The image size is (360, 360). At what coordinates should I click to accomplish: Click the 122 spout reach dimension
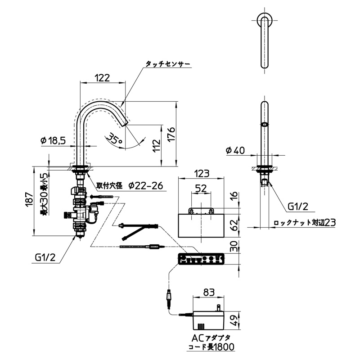pos(102,78)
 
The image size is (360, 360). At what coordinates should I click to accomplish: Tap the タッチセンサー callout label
pos(168,64)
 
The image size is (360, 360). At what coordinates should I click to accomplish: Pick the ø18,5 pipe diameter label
pos(53,140)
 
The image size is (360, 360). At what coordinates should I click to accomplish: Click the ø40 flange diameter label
pos(235,151)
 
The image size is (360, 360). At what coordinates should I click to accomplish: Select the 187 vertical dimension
pos(30,200)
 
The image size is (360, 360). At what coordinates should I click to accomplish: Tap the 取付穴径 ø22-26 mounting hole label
pos(130,185)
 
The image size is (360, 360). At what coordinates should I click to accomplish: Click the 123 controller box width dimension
pos(201,174)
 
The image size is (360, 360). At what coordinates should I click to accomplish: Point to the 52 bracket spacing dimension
pos(201,189)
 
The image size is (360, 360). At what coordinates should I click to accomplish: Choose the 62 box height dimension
pos(234,225)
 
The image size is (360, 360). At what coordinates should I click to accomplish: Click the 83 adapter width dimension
pos(209,292)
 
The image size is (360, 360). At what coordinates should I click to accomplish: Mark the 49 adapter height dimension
pos(234,320)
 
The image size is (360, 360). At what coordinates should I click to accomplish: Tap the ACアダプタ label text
pos(211,338)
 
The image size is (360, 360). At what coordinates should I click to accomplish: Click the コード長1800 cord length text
pos(211,346)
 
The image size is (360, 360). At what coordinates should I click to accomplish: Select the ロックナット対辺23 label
pos(305,222)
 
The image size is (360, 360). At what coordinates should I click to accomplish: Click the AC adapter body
pos(208,320)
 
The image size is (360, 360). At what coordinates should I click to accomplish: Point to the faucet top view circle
pos(265,20)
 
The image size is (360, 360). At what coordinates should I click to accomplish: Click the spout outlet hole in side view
pos(265,125)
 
